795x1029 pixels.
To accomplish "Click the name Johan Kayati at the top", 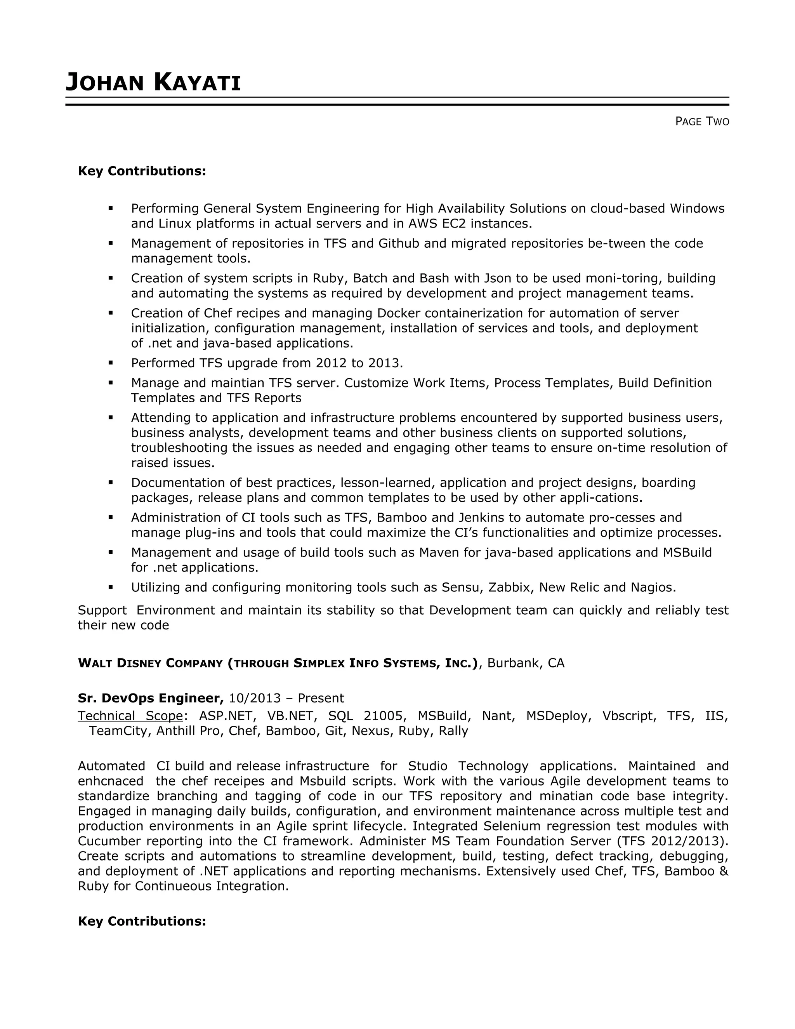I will pos(153,82).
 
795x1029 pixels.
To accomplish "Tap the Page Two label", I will pos(702,122).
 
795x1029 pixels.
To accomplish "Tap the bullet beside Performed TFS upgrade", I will pos(111,363).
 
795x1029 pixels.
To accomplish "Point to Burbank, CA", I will pos(526,663).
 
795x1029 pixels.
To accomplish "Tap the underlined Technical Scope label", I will pos(130,716).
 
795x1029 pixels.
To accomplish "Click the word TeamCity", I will pos(118,731).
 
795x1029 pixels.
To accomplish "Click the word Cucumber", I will pos(109,841).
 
